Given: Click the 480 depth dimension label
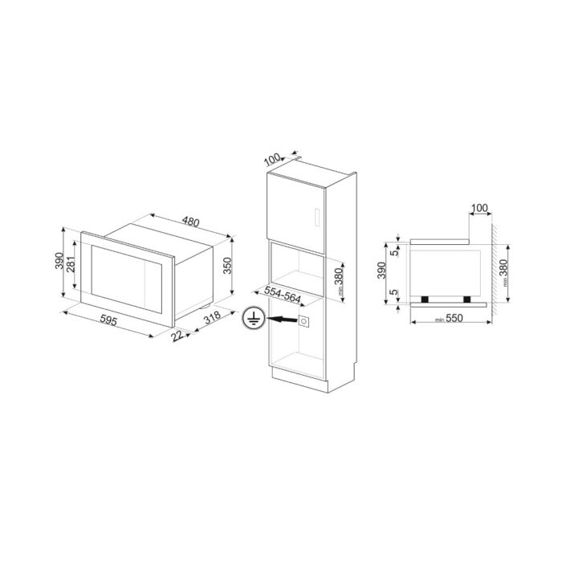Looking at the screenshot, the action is [x=190, y=222].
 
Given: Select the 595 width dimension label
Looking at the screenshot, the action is [x=108, y=320].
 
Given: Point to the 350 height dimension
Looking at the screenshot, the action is [x=227, y=266].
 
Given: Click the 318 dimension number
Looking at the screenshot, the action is [x=212, y=317].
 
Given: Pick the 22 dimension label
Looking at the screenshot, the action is [x=177, y=336].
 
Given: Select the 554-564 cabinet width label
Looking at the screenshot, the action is [x=283, y=295].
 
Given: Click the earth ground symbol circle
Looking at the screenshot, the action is [x=254, y=318].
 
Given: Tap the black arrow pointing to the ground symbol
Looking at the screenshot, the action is [x=282, y=319].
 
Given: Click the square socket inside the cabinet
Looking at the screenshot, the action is [x=303, y=321].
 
